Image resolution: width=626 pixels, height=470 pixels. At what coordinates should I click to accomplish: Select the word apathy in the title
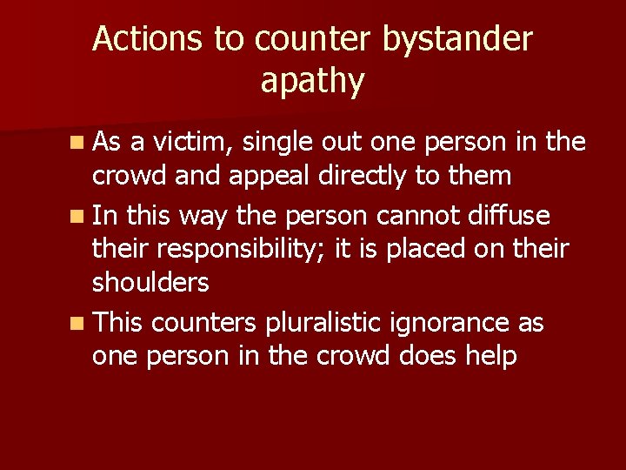point(312,81)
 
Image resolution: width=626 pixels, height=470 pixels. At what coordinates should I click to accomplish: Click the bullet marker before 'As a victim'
point(78,141)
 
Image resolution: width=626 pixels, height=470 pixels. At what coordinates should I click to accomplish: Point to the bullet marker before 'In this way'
point(78,214)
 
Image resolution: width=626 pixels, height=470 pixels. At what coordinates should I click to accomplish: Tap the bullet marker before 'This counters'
point(78,324)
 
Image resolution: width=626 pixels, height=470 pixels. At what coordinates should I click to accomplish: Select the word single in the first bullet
point(284,142)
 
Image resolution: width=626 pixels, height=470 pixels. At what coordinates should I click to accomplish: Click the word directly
point(366,177)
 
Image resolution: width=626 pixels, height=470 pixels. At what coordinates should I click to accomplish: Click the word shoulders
point(151,283)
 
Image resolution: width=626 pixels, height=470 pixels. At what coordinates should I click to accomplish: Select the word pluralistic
point(332,323)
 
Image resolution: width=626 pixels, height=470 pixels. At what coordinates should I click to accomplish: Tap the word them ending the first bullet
point(479,176)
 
